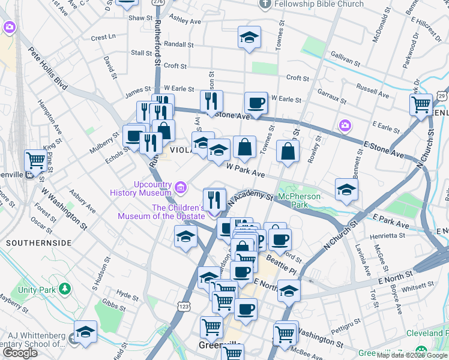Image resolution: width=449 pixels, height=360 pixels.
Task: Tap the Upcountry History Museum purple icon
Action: coord(180,188)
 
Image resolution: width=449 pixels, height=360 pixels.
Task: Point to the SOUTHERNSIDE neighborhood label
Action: coord(38,243)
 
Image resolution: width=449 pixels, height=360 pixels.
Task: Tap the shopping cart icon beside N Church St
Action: coord(420,104)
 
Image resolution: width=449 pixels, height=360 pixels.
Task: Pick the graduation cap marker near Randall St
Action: coord(249,37)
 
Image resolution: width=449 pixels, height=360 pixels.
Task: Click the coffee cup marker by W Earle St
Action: coord(256,103)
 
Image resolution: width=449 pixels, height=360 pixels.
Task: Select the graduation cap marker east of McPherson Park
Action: coord(346,190)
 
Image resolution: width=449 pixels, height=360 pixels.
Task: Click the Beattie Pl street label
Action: coord(282,271)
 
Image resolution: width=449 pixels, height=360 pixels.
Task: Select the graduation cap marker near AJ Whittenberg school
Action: coord(85,332)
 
